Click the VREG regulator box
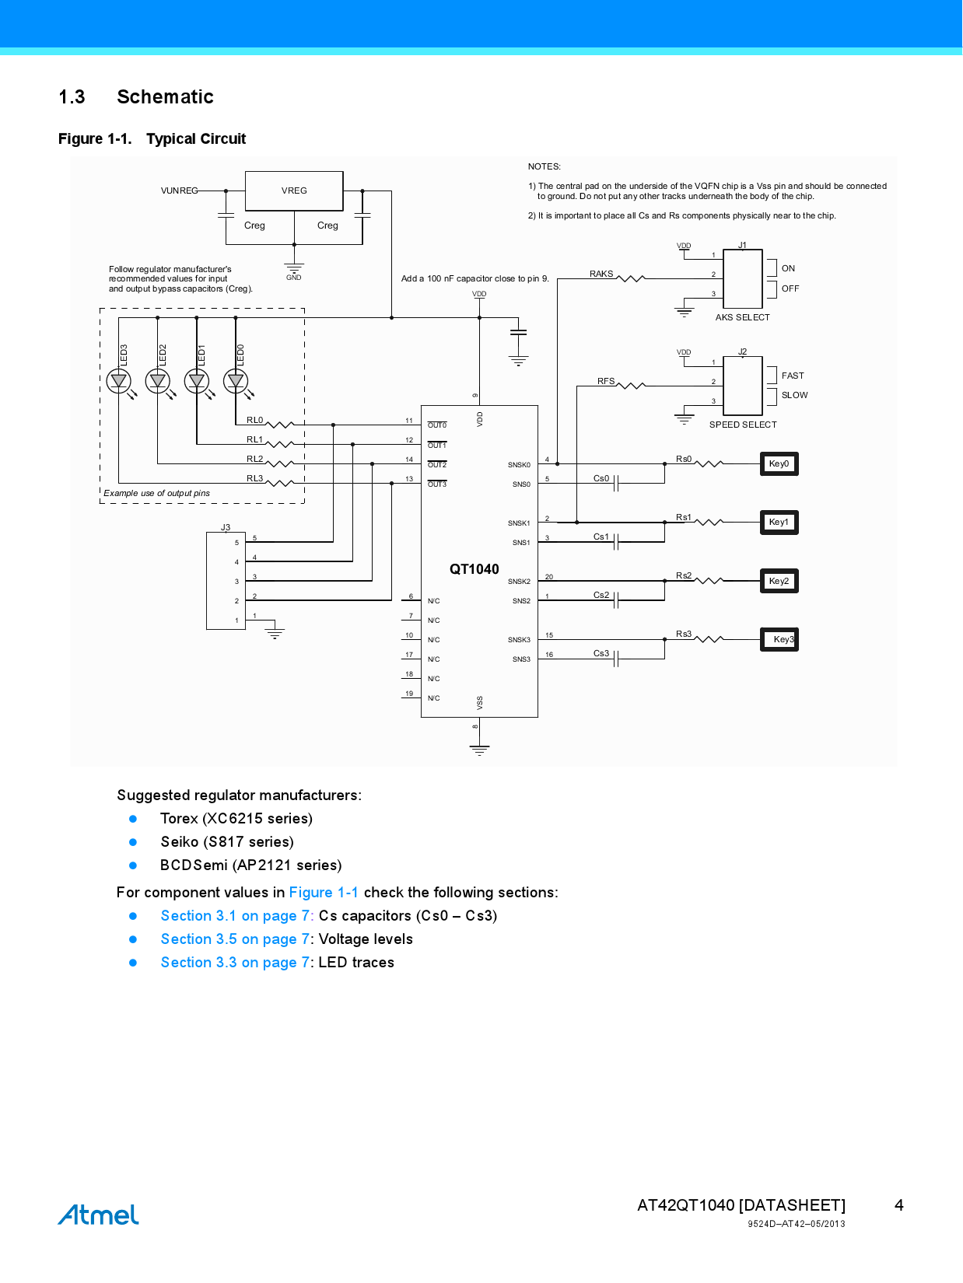pos(294,191)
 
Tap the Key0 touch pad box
pos(779,464)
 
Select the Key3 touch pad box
pos(779,639)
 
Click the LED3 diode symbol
pos(119,381)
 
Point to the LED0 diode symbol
pos(236,381)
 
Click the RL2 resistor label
pos(254,459)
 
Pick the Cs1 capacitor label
pos(601,537)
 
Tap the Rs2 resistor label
pos(684,575)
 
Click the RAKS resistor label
pos(601,274)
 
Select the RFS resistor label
pos(606,381)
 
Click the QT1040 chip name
pos(474,569)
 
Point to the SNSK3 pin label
pos(519,640)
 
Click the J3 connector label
pos(226,527)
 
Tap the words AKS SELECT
pos(742,317)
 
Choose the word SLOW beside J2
pos(794,395)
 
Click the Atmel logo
pos(99,1215)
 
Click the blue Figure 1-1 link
pos(324,893)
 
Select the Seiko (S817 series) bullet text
pos(227,842)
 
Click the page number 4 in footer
pos(898,1205)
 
